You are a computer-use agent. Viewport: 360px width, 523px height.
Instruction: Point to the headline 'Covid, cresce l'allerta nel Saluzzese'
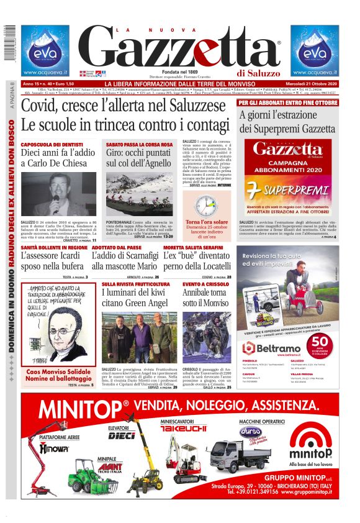[127, 106]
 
